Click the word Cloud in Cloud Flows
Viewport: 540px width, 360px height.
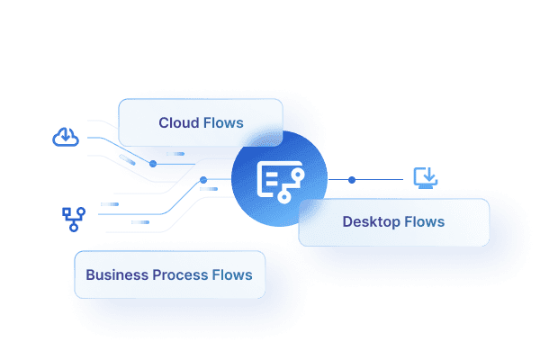[x=179, y=123]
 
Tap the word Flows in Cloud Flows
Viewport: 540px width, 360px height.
[x=223, y=123]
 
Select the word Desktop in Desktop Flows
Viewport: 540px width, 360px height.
[x=371, y=221]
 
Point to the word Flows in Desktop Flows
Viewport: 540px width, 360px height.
[x=424, y=221]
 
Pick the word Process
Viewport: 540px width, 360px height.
[x=181, y=274]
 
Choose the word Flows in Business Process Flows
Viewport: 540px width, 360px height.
[x=232, y=274]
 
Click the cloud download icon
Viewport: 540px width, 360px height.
[x=66, y=138]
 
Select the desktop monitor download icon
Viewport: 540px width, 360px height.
[x=425, y=177]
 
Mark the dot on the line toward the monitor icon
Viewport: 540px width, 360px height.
[x=352, y=180]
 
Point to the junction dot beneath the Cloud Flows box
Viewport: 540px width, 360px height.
[x=154, y=164]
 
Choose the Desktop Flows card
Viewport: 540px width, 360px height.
[x=393, y=222]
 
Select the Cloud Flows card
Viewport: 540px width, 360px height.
[x=201, y=122]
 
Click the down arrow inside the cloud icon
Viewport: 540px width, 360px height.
[x=66, y=137]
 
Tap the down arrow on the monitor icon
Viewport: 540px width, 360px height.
[x=426, y=175]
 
